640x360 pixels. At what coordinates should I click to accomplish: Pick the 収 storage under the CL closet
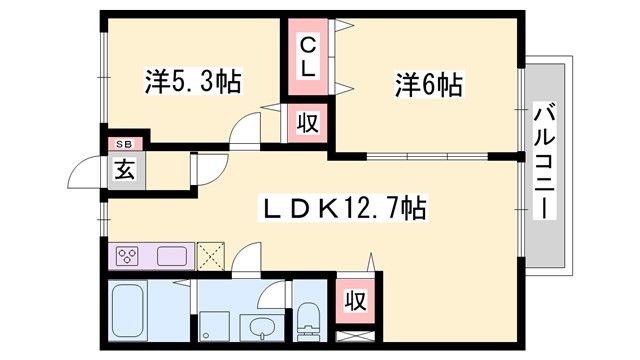click(x=307, y=125)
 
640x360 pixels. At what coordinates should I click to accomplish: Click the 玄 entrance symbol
click(x=125, y=170)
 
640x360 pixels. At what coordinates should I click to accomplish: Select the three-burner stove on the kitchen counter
click(x=128, y=256)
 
